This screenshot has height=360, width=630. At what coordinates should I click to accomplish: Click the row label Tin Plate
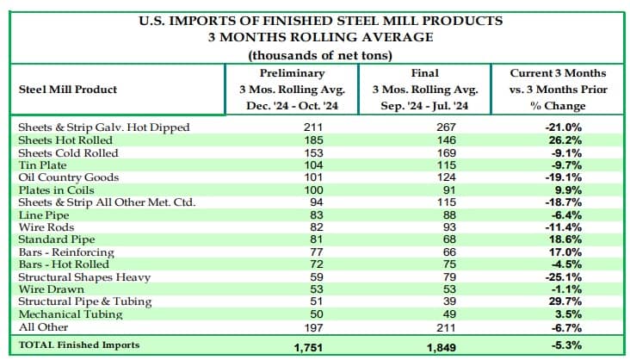pos(42,165)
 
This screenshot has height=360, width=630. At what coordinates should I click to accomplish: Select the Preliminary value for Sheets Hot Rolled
pos(313,140)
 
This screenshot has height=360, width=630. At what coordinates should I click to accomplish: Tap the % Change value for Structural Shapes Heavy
pos(564,277)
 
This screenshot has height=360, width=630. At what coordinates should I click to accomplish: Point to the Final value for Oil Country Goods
pos(446,177)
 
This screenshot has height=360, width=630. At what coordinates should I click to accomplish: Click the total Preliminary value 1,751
pos(308,347)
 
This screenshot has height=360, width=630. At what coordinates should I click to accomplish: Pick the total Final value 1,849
pos(442,347)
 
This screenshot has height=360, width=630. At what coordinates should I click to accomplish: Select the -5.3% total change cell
pos(566,345)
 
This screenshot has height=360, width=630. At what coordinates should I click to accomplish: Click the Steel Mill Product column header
pos(68,90)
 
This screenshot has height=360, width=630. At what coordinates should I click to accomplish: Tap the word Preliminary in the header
pos(292,73)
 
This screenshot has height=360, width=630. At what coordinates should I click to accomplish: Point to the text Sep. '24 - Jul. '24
pos(424,106)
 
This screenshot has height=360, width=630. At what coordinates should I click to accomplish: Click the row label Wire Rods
pos(46,227)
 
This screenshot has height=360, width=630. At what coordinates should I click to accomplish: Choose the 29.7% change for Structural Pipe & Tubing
pos(565,301)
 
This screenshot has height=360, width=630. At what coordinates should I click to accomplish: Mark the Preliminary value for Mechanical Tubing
pos(317,314)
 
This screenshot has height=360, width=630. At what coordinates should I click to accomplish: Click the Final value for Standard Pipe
pos(449,239)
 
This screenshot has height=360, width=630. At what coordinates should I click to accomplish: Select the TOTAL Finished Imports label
pos(79,345)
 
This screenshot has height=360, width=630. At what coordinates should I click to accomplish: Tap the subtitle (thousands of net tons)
pos(320,55)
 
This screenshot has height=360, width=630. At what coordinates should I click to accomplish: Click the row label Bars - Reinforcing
pos(66,252)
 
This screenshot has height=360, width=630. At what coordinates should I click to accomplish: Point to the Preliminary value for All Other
pos(313,327)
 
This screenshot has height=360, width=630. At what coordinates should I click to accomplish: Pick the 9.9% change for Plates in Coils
pos(568,190)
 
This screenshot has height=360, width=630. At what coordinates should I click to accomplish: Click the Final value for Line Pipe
pos(449,215)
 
